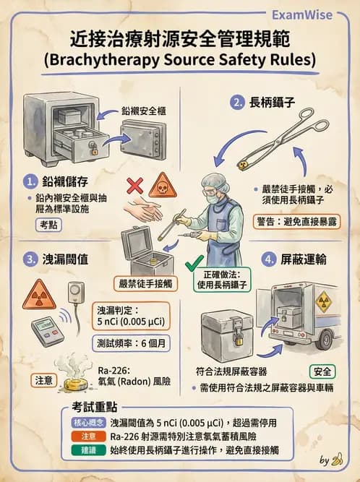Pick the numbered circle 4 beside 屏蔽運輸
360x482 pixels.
270,258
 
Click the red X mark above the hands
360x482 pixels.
134,186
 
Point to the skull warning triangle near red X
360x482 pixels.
162,188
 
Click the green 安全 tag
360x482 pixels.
322,371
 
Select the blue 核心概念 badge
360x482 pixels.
88,422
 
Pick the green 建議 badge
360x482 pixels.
88,449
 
